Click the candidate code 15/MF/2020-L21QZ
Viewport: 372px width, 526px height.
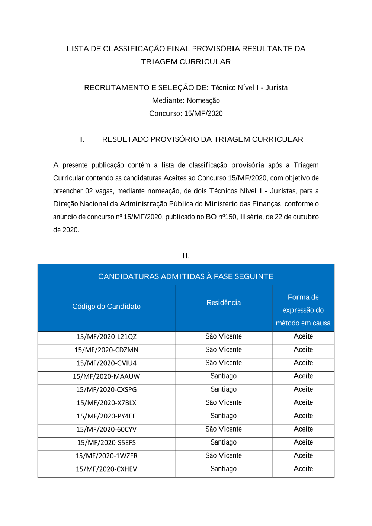click(x=106, y=337)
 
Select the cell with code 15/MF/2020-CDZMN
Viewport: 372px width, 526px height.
click(x=106, y=350)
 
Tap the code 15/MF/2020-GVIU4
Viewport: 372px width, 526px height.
click(x=106, y=363)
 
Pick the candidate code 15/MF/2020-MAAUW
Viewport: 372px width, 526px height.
click(x=106, y=376)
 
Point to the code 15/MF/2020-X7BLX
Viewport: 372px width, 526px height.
click(x=106, y=403)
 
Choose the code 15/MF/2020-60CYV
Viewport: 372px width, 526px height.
click(x=106, y=429)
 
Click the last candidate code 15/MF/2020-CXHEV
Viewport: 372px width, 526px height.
click(x=106, y=469)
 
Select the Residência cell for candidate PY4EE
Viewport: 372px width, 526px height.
click(x=224, y=416)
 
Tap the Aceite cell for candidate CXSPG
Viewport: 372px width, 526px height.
click(x=303, y=389)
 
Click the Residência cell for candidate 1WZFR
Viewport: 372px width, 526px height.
click(x=224, y=456)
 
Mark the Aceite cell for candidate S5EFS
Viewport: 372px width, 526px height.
click(x=303, y=442)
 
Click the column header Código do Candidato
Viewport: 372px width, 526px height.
click(x=106, y=307)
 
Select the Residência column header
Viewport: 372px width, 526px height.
click(x=224, y=303)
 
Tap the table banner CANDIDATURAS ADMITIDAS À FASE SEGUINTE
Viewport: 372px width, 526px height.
click(x=186, y=276)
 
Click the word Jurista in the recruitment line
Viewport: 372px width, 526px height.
click(x=276, y=88)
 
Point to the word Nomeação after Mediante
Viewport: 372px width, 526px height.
click(x=203, y=101)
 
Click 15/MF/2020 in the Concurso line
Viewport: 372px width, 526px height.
click(x=203, y=114)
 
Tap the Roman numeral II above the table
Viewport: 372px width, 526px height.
click(x=186, y=256)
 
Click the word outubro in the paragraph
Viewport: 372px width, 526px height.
click(x=306, y=217)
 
